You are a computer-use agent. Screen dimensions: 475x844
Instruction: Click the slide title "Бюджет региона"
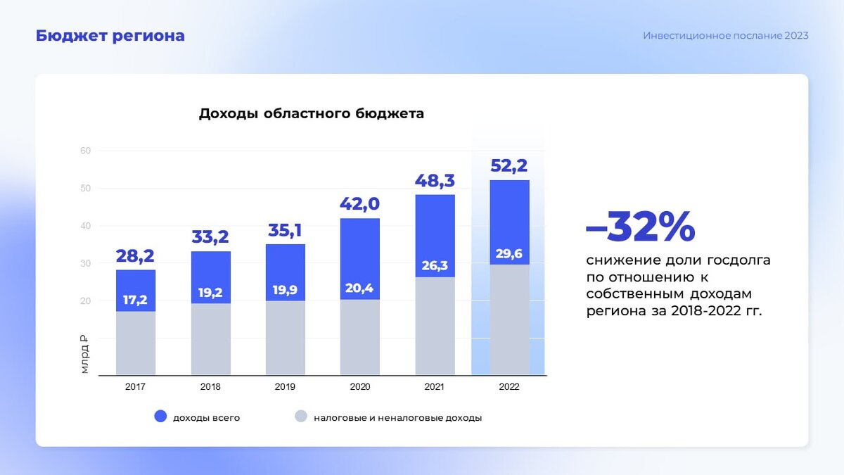pyautogui.click(x=110, y=36)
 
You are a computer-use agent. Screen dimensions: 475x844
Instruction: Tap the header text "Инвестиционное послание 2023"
pyautogui.click(x=725, y=36)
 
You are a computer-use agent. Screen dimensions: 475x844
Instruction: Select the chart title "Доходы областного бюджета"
pyautogui.click(x=311, y=113)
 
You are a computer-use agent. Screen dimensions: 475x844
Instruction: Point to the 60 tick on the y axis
pyautogui.click(x=86, y=151)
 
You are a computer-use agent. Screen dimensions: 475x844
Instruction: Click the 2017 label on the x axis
pyautogui.click(x=135, y=387)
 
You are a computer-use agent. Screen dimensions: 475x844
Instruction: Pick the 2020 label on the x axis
pyautogui.click(x=359, y=387)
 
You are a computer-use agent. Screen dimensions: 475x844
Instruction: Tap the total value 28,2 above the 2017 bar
pyautogui.click(x=135, y=255)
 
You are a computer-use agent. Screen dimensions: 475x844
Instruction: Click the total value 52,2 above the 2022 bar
pyautogui.click(x=509, y=166)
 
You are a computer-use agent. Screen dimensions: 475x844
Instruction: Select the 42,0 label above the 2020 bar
pyautogui.click(x=359, y=204)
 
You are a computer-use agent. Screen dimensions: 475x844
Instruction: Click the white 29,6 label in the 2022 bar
pyautogui.click(x=509, y=254)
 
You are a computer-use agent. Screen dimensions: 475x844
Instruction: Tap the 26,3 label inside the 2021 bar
pyautogui.click(x=435, y=265)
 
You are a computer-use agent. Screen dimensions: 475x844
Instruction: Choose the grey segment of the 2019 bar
pyautogui.click(x=285, y=338)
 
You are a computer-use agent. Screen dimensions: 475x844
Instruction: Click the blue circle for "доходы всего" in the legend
pyautogui.click(x=160, y=417)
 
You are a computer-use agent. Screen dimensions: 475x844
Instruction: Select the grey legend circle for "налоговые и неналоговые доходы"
pyautogui.click(x=300, y=417)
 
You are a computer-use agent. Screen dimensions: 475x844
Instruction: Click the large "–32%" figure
pyautogui.click(x=640, y=227)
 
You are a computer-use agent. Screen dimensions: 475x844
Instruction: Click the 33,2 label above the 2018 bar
pyautogui.click(x=210, y=237)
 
